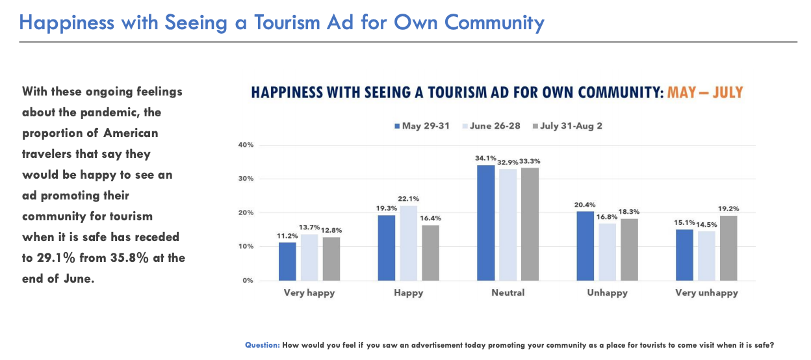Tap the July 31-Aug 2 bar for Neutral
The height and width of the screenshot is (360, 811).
530,224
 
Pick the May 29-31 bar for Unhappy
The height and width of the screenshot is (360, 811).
585,246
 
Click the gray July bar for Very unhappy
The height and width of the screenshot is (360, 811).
728,248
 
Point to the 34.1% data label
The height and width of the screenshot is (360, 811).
485,159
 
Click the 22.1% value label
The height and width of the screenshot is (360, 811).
408,199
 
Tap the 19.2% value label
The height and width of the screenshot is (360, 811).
728,209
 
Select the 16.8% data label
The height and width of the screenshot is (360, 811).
607,217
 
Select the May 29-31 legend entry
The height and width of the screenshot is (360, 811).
422,126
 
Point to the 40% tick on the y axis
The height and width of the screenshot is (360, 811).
246,145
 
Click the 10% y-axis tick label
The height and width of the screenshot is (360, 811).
246,247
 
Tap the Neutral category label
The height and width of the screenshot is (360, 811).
508,293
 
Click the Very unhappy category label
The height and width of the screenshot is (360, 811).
706,293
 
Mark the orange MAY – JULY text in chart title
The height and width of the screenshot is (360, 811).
704,92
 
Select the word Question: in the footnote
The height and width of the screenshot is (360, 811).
263,345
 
